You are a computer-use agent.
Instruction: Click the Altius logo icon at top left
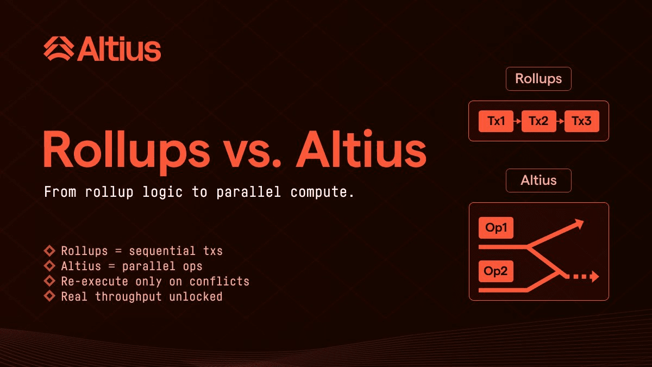pyautogui.click(x=59, y=48)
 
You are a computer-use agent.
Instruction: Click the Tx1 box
pyautogui.click(x=496, y=121)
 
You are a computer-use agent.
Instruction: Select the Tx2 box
pyautogui.click(x=539, y=121)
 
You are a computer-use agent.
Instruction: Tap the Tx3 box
pyautogui.click(x=582, y=121)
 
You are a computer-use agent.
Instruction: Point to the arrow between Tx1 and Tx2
pyautogui.click(x=517, y=121)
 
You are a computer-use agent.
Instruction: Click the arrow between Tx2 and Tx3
pyautogui.click(x=560, y=121)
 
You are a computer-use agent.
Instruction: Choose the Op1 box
pyautogui.click(x=496, y=228)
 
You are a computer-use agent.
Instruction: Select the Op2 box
pyautogui.click(x=496, y=271)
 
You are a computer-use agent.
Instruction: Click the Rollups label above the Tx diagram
pyautogui.click(x=538, y=79)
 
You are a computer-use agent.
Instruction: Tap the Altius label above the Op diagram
pyautogui.click(x=538, y=181)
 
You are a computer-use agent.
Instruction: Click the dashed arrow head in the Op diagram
pyautogui.click(x=594, y=276)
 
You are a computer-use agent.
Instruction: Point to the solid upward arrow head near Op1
pyautogui.click(x=578, y=223)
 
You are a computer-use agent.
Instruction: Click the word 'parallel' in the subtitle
pyautogui.click(x=249, y=192)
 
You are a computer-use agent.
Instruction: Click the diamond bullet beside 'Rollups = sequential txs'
pyautogui.click(x=49, y=251)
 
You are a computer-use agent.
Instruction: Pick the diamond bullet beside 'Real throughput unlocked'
pyautogui.click(x=49, y=296)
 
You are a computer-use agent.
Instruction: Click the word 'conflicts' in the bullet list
pyautogui.click(x=220, y=282)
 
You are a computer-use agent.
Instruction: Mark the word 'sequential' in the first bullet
pyautogui.click(x=162, y=251)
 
